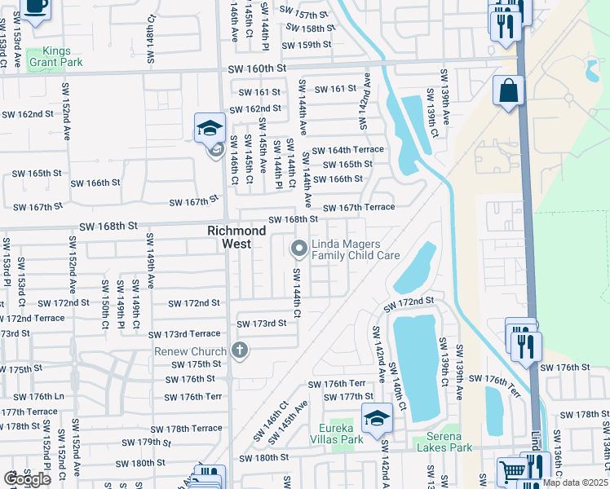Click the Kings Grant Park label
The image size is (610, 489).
[x=55, y=55]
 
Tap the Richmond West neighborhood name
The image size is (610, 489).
[x=236, y=237]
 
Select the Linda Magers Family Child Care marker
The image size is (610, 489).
[x=298, y=247]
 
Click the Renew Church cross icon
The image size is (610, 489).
[x=239, y=350]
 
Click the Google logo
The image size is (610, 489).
[x=27, y=479]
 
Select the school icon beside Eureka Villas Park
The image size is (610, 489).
[x=376, y=419]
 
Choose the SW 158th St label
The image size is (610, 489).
[x=306, y=29]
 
